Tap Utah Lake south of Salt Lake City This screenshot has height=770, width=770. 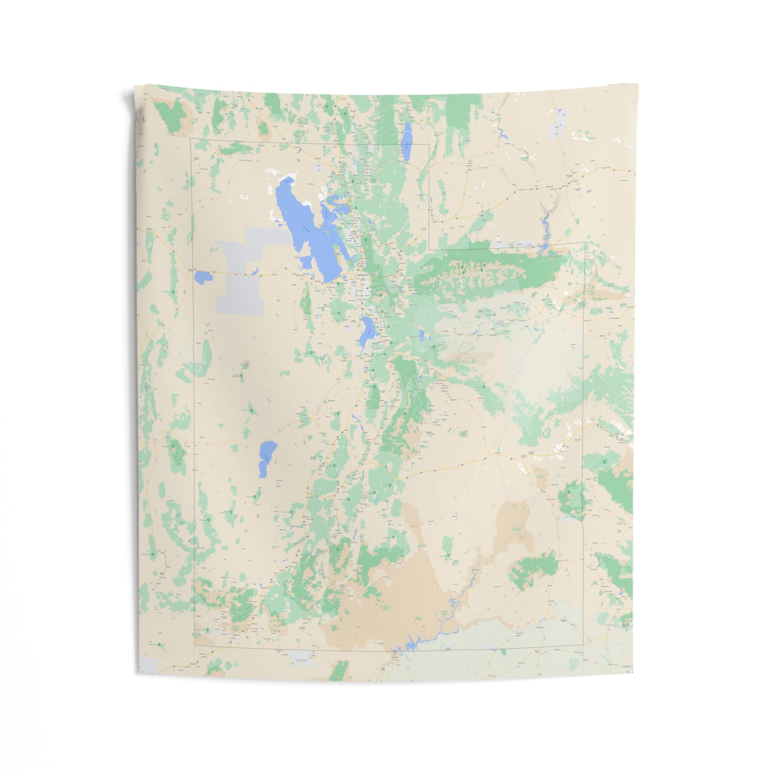click(x=366, y=333)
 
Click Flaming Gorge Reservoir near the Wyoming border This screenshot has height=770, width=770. click(x=545, y=224)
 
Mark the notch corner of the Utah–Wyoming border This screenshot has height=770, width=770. click(x=430, y=249)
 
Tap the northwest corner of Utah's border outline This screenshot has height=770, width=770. click(x=191, y=139)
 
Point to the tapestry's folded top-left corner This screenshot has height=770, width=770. click(x=128, y=96)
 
